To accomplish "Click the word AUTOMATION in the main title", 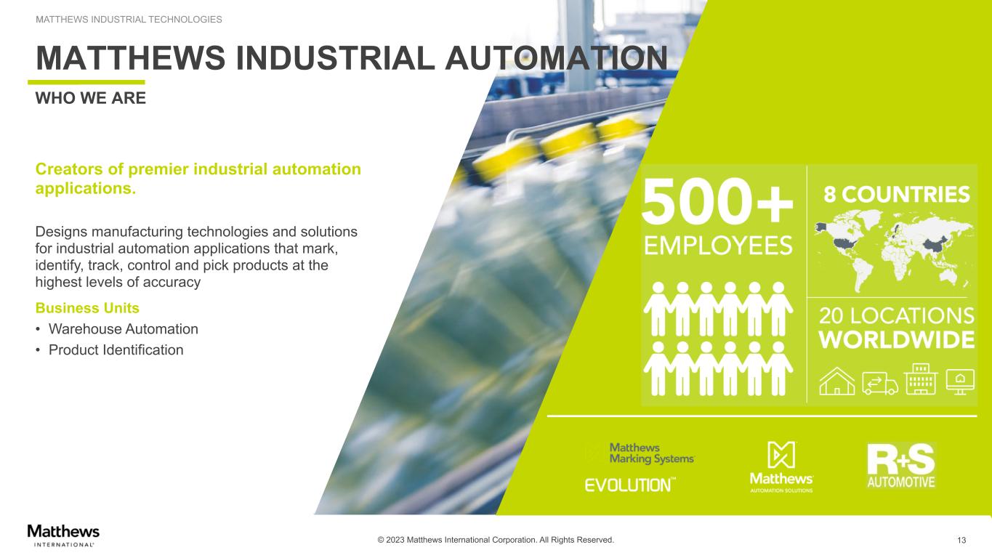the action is tap(556, 58).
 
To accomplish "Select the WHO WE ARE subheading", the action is tap(90, 98).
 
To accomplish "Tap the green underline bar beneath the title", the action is tap(86, 82).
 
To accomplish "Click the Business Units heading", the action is tap(87, 308).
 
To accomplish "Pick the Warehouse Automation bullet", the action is tap(123, 329).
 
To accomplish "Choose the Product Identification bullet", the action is tap(116, 350).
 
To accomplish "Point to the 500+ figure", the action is tap(717, 201).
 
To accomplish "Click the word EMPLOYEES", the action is tap(718, 246).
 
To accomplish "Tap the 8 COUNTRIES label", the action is tap(896, 195).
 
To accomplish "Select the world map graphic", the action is tap(894, 251).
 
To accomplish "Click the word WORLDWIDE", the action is tap(897, 340).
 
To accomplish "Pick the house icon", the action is tap(837, 381).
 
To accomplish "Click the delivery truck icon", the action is tap(880, 383).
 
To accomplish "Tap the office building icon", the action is tap(921, 379).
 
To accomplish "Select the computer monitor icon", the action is tap(960, 381).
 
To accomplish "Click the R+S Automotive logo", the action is tap(900, 466).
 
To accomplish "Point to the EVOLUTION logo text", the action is tap(630, 485).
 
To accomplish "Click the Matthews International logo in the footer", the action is tap(63, 535).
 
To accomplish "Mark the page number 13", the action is tap(961, 541).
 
